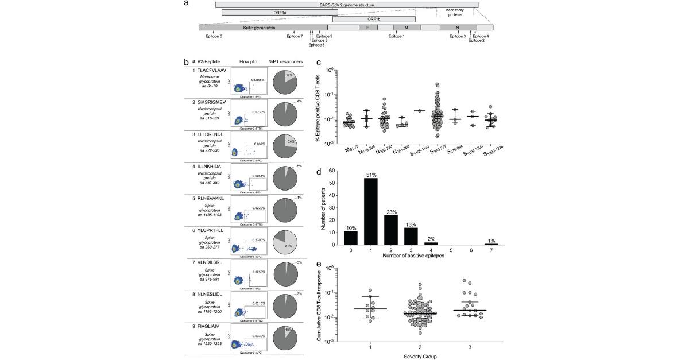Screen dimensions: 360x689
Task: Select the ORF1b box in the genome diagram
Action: pos(373,19)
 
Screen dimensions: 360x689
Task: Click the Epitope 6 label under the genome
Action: pos(214,36)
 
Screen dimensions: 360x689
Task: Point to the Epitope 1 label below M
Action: pos(396,36)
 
